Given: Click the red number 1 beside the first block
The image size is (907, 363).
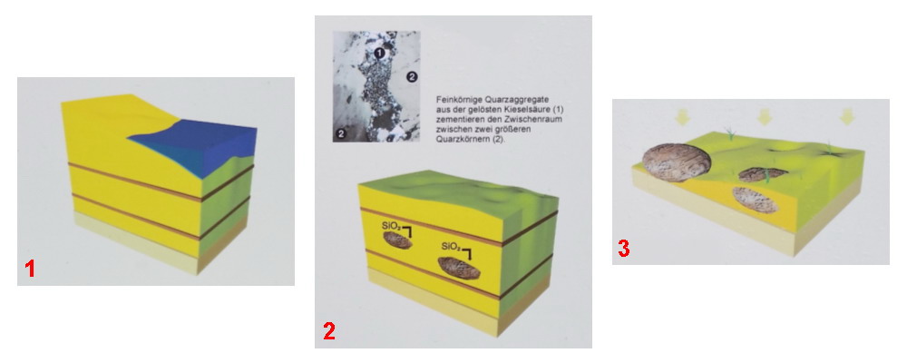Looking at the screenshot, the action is pos(30,270).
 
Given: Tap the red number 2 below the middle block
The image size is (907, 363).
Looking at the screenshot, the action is pos(328,331).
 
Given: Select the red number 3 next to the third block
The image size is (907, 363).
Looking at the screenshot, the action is pos(624,249).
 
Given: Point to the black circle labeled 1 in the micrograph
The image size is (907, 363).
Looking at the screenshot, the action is pos(379,54).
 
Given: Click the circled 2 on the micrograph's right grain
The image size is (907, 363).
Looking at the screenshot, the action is pos(411,76).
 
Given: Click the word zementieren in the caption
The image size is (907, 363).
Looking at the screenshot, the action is pos(458,119).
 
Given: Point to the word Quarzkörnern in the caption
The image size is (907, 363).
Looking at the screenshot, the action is pos(460,137).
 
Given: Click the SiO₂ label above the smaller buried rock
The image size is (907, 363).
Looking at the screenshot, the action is pos(392,227).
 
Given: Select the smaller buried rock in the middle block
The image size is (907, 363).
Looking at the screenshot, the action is pos(398,240).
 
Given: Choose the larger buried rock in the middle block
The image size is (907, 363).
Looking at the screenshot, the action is pos(459,268).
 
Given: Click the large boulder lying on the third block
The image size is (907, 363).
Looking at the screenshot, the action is pos(677,162).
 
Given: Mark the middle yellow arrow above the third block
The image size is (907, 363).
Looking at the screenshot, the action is pos(765,116).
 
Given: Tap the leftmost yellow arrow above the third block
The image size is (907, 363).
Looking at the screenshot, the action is pos(682,116).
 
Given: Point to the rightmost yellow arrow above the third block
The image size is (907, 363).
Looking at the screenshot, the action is pos(847,116).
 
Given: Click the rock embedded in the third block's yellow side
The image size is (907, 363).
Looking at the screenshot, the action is pos(755,199).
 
